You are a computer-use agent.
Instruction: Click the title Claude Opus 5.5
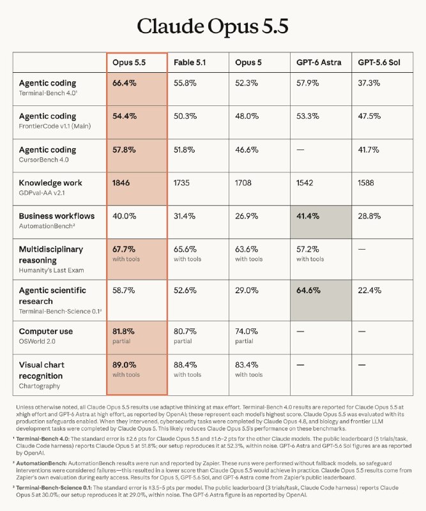pos(213,26)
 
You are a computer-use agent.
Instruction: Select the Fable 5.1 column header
pos(190,63)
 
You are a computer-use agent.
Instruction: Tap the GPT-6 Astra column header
pos(319,63)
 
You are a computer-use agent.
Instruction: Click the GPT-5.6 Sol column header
pos(379,63)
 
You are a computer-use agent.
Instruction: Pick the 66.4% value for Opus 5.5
pos(125,83)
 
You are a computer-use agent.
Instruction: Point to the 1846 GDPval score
pos(121,183)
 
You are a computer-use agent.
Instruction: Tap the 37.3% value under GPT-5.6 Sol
pos(369,83)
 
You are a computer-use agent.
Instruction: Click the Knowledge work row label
pos(50,183)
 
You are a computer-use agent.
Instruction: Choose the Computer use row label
pos(45,332)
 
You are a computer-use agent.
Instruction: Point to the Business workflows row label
pos(57,216)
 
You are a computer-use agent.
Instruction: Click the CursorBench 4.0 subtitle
pos(43,160)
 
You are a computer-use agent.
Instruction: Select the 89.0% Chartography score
pos(125,365)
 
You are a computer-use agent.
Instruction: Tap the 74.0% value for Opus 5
pos(247,332)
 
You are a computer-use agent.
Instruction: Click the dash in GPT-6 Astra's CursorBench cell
pos(300,150)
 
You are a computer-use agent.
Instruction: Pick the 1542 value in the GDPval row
pos(305,183)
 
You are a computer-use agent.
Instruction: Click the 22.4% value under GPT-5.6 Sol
pos(370,291)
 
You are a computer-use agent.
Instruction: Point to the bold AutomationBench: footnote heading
pos(42,463)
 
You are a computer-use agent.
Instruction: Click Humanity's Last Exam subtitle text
pos(52,270)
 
